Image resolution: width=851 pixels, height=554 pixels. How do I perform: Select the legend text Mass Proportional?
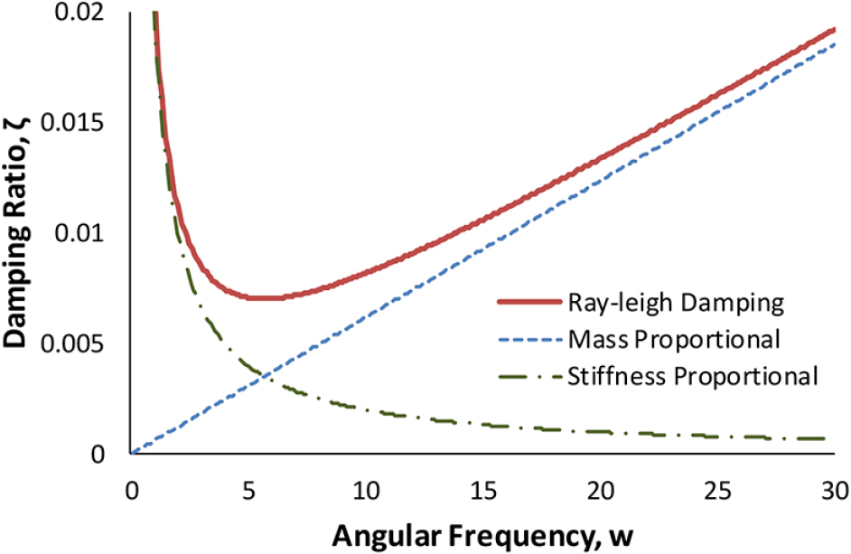[x=675, y=339]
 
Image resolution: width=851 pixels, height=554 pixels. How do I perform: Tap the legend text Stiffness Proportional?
[x=693, y=375]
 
